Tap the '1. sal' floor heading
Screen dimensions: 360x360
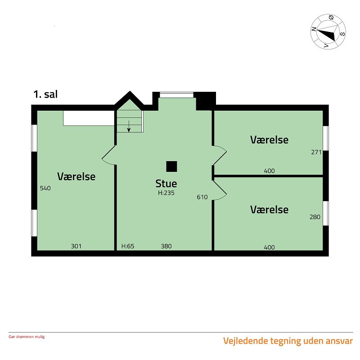pos(45,94)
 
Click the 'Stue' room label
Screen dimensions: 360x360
pos(166,184)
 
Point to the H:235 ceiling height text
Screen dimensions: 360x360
pos(166,193)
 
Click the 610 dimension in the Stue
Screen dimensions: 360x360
pos(202,197)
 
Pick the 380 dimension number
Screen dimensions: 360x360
pos(166,246)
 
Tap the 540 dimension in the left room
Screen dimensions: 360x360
pos(45,188)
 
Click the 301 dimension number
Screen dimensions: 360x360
pos(76,246)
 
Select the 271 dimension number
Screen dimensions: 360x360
pos(316,152)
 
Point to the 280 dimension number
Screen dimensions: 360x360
pos(315,217)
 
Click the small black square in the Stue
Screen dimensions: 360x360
pos(171,166)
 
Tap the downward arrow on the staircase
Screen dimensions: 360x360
pos(129,127)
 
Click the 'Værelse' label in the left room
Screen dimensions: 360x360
pos(76,176)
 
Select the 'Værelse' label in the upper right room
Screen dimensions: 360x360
pos(269,140)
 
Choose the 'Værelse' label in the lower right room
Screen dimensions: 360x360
pos(269,210)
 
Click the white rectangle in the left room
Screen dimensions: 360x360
pos(88,118)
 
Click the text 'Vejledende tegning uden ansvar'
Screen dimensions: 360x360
pos(288,341)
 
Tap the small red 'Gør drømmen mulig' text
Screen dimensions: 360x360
pos(27,337)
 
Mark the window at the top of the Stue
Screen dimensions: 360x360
pos(176,95)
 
